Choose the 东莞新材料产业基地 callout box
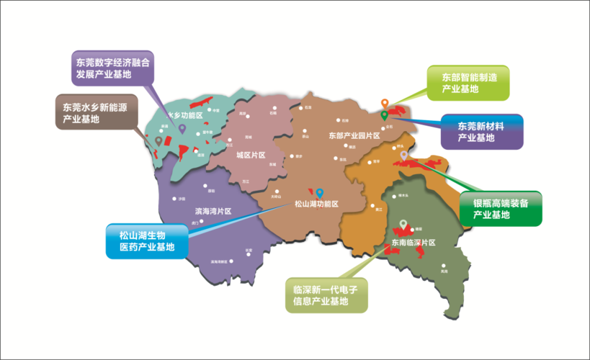[481, 131]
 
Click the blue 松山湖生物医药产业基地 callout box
[146, 241]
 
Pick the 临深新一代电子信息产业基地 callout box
[326, 295]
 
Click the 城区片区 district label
[251, 155]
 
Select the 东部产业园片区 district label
[354, 135]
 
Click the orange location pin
[385, 103]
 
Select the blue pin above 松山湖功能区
[320, 192]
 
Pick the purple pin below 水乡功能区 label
[182, 129]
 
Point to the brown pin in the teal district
[158, 140]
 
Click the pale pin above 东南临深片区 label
[403, 223]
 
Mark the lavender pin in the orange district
[404, 155]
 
